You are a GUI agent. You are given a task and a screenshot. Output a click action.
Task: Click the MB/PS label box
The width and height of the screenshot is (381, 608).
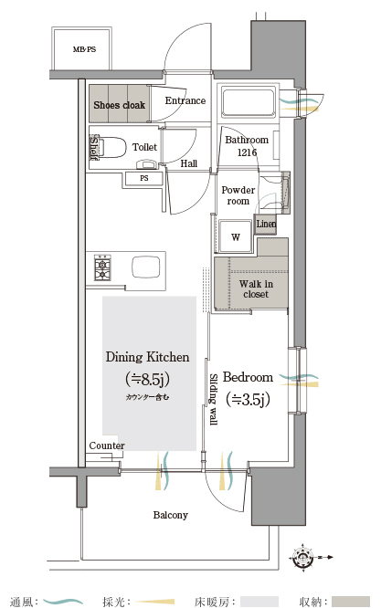tap(82, 48)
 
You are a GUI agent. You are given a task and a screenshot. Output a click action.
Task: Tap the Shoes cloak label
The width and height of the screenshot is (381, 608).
tap(119, 105)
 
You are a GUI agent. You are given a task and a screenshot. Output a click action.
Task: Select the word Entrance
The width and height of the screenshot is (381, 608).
tap(185, 100)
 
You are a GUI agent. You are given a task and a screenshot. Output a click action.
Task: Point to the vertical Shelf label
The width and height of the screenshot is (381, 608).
tap(93, 147)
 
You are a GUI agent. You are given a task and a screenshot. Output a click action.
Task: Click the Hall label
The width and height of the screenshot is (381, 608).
tap(189, 163)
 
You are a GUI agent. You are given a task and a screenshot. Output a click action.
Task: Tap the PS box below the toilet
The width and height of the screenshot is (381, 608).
tap(144, 179)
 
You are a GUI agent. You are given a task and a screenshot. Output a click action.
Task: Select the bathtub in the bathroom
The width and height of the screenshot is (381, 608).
tap(249, 101)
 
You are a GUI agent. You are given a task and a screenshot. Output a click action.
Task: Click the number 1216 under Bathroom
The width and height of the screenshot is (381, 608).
tap(247, 152)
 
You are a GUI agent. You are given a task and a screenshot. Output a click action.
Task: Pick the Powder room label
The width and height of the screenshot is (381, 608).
tap(238, 195)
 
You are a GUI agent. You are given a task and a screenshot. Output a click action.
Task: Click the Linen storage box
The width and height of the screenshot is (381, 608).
tap(266, 225)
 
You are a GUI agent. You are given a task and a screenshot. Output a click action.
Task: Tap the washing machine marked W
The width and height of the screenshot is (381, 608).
tap(236, 237)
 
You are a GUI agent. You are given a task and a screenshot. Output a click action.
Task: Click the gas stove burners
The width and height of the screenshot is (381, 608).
tap(102, 267)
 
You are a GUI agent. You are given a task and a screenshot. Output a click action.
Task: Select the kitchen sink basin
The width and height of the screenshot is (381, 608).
tap(146, 267)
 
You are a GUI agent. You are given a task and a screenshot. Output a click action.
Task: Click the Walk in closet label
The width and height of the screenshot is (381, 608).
tap(256, 288)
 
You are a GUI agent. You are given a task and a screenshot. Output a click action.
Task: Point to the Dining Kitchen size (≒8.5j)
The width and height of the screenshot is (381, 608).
tap(147, 379)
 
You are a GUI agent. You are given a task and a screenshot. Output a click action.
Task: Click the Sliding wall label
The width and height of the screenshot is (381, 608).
tap(213, 399)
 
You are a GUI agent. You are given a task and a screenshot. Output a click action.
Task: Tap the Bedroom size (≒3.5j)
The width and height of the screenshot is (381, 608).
tap(248, 399)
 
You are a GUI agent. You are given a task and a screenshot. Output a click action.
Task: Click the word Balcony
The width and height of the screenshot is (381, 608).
tap(170, 515)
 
